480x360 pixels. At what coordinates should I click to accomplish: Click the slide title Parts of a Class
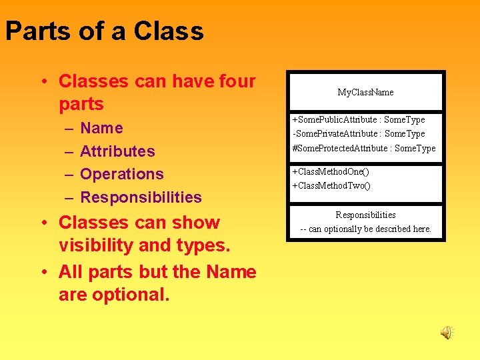click(x=105, y=31)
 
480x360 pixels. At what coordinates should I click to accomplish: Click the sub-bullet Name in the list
click(x=101, y=128)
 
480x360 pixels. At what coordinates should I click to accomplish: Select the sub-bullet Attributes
click(x=117, y=151)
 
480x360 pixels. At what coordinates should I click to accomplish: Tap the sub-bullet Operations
click(x=121, y=174)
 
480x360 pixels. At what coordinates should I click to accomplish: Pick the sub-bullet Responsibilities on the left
click(x=141, y=197)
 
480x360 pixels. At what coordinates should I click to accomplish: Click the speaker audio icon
click(x=447, y=332)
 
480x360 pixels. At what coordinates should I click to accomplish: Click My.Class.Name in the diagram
click(x=365, y=92)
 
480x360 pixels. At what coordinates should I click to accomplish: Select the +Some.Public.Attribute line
click(x=358, y=119)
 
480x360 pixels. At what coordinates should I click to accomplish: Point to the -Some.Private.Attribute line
click(x=358, y=133)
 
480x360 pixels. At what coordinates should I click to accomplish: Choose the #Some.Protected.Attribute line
click(x=363, y=148)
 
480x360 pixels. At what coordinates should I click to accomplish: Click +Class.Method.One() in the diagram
click(x=331, y=171)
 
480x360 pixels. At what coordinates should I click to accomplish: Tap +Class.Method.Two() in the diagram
click(x=331, y=185)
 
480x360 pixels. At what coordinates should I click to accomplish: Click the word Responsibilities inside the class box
click(x=365, y=215)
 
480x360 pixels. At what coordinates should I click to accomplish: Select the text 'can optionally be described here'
click(x=370, y=229)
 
